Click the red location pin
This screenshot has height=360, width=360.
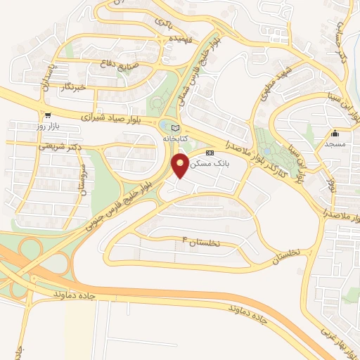pos(180,166)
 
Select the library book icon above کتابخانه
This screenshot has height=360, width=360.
pos(175,127)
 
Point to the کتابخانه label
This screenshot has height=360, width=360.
pos(176,139)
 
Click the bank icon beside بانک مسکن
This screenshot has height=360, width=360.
pos(209,153)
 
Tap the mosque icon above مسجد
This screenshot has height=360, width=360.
pos(335,134)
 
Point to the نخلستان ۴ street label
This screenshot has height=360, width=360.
pos(201,241)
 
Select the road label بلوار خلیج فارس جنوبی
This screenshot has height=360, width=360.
pos(120,206)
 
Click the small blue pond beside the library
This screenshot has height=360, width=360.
pos(165,127)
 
